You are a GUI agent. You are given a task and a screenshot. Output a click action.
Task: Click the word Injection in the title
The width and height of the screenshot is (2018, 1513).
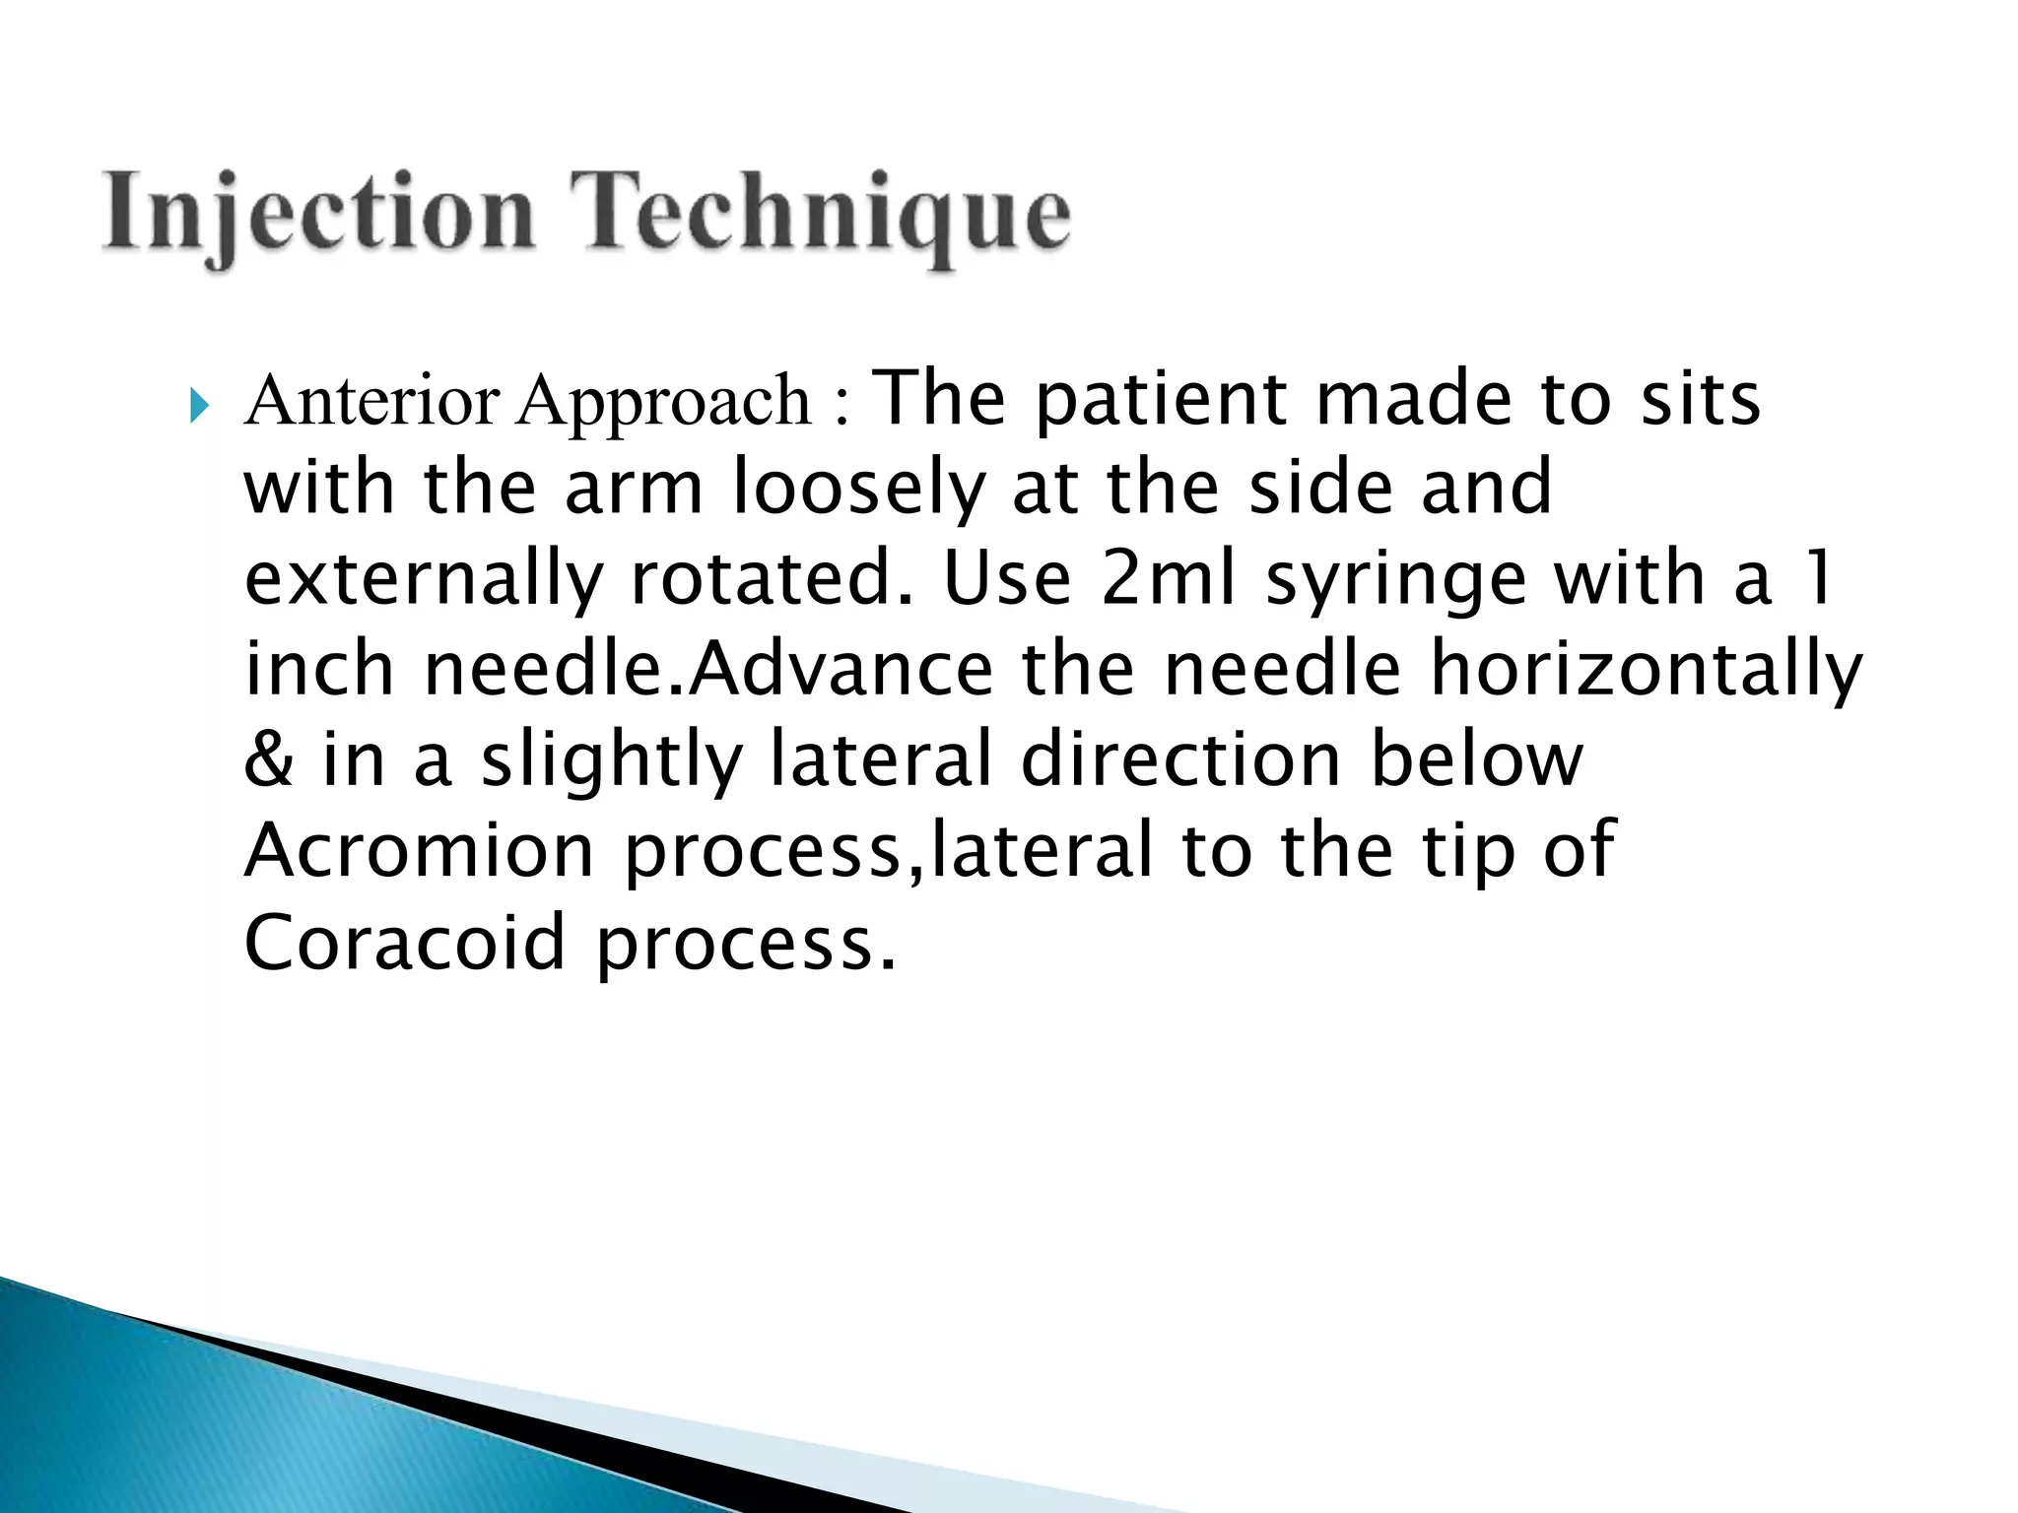click(x=318, y=214)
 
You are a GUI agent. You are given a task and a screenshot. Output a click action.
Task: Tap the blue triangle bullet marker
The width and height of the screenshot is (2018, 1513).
click(x=200, y=405)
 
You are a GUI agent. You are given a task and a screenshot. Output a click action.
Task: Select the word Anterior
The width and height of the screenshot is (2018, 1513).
click(x=372, y=401)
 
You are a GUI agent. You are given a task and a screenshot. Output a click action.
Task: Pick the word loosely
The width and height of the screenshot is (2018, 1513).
click(x=858, y=490)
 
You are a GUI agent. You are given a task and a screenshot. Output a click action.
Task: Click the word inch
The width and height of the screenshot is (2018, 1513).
click(x=318, y=668)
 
